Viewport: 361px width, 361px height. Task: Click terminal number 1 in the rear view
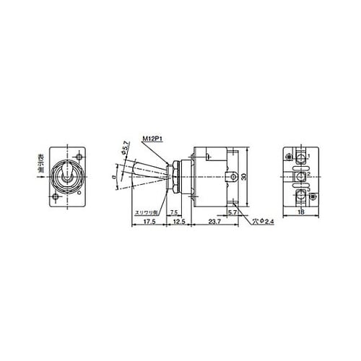click(308, 157)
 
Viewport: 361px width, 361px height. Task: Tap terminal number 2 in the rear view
click(308, 175)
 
